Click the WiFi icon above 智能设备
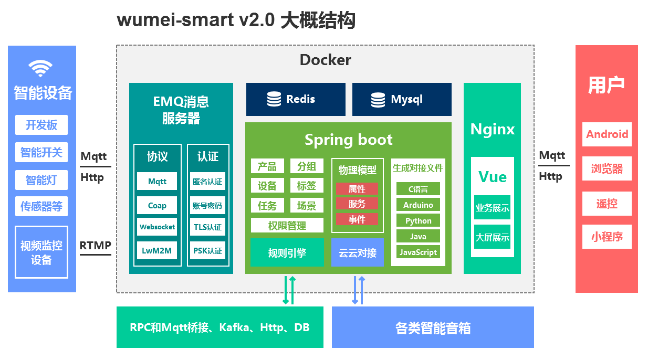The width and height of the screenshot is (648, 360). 40,68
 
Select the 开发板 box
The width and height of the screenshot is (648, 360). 41,125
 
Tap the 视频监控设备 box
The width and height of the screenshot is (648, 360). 41,252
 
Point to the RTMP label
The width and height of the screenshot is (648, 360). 95,245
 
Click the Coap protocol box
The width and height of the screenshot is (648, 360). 157,205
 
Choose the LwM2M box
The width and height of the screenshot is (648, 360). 157,250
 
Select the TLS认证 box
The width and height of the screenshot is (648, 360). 207,228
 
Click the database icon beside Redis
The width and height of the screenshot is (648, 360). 274,99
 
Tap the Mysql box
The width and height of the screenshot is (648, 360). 402,99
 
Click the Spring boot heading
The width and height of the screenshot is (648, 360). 348,140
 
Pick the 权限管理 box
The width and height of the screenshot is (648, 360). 287,226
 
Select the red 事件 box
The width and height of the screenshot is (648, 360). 357,219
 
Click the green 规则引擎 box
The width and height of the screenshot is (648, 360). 287,253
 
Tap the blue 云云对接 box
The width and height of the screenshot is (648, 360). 358,253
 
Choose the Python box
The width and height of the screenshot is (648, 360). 418,221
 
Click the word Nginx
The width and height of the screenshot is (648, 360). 492,129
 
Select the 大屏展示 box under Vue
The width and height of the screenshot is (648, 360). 492,237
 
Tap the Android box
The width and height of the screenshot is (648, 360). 607,134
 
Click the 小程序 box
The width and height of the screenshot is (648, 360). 607,237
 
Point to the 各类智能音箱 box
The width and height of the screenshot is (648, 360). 433,328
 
